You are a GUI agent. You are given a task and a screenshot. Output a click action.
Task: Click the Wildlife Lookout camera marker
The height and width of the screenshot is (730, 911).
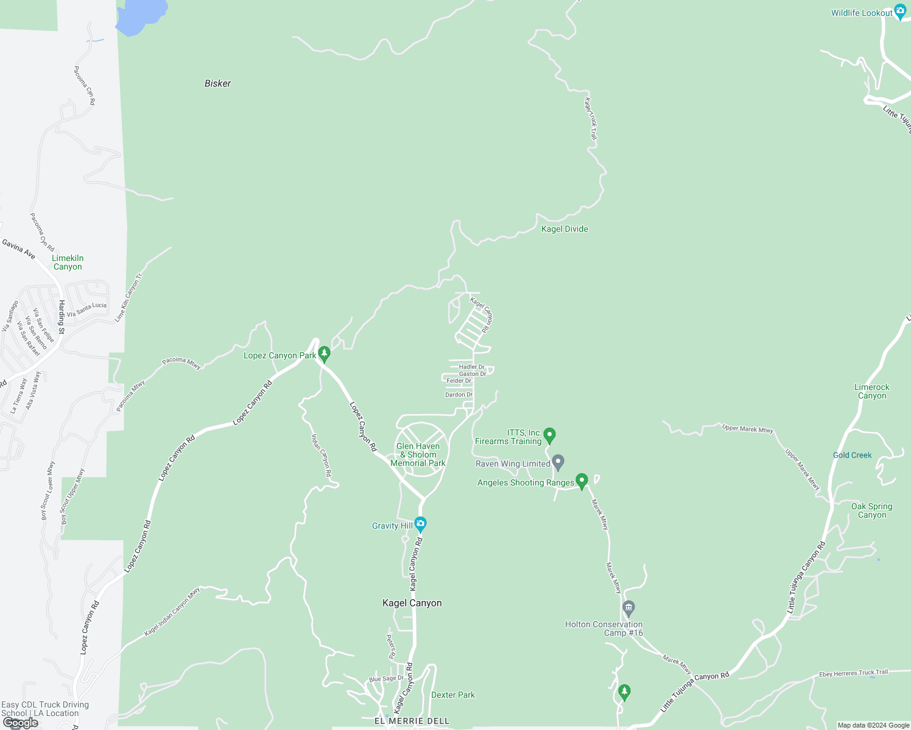click(x=901, y=13)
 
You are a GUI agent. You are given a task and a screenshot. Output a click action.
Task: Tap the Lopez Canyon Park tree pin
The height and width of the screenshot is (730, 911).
click(x=324, y=353)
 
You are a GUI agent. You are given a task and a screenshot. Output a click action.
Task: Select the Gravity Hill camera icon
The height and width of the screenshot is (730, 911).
click(x=420, y=524)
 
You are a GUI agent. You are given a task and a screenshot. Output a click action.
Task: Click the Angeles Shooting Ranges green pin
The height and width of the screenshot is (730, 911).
click(x=582, y=481)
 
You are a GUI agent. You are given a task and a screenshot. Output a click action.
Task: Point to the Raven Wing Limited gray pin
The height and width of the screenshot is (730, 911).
click(x=558, y=462)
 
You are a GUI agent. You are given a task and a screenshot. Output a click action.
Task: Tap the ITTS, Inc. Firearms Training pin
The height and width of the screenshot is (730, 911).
click(x=549, y=435)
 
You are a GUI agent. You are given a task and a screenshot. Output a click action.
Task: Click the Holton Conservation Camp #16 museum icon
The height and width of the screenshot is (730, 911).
click(x=629, y=607)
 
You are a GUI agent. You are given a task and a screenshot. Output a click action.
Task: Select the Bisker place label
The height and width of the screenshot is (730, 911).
click(x=217, y=83)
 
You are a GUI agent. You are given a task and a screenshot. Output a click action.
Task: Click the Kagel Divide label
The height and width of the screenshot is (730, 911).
click(x=565, y=229)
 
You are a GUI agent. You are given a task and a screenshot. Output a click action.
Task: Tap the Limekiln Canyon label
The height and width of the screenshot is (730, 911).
click(x=68, y=262)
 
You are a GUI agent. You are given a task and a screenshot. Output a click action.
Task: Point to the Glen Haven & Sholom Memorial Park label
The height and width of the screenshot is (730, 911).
click(x=418, y=454)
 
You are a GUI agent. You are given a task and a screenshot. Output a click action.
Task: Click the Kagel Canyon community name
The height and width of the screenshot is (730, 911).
click(x=412, y=603)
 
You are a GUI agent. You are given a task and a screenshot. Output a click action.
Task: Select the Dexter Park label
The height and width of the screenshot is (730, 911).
click(x=452, y=695)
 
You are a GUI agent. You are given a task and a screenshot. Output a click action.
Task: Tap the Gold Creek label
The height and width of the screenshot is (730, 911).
click(x=852, y=455)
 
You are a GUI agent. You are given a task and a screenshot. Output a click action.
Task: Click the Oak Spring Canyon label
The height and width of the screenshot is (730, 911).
click(x=871, y=510)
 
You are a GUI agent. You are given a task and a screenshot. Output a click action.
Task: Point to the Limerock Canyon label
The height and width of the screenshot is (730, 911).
click(x=871, y=391)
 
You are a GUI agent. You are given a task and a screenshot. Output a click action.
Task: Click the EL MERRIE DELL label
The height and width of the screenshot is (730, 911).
click(x=412, y=721)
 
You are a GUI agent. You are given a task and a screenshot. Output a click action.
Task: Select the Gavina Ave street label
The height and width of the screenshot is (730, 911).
click(x=18, y=249)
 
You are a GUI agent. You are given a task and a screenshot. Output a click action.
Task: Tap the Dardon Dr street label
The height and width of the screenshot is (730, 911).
click(x=459, y=395)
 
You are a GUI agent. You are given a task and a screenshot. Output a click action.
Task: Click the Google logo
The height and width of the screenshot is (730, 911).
click(x=21, y=723)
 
